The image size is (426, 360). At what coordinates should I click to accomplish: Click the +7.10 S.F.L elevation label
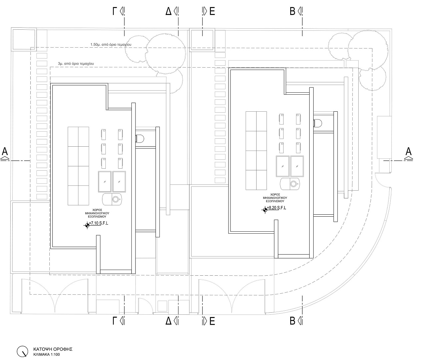coord(99,223)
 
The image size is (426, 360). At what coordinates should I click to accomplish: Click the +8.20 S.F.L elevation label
coord(277,208)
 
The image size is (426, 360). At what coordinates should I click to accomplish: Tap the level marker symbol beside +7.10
coord(87,225)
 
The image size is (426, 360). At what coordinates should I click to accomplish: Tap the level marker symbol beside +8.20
coord(265,210)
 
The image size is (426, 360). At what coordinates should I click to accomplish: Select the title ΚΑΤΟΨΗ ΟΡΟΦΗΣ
coord(53,349)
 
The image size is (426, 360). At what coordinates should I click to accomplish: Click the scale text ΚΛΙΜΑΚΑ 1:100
coord(47,355)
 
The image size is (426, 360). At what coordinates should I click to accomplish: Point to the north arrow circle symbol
coord(22,351)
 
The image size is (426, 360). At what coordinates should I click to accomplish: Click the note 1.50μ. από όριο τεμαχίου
coord(111,44)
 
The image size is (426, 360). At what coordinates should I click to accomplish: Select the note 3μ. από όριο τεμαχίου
coord(76,64)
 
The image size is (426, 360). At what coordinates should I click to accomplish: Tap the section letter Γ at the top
coord(115,11)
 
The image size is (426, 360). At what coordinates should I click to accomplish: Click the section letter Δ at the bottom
coord(168,321)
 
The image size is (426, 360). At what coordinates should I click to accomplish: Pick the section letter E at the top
coord(212,11)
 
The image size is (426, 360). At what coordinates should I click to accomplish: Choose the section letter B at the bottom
coord(292,321)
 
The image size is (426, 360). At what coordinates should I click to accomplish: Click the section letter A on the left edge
coord(5,151)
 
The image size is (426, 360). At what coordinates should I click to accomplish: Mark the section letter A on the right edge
coord(408,151)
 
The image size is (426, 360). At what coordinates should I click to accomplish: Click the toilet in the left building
coord(140,138)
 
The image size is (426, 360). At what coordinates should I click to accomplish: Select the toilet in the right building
coord(318,123)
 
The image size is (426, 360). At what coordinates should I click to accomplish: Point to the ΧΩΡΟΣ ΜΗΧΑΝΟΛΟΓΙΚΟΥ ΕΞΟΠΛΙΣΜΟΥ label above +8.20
coord(275,198)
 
